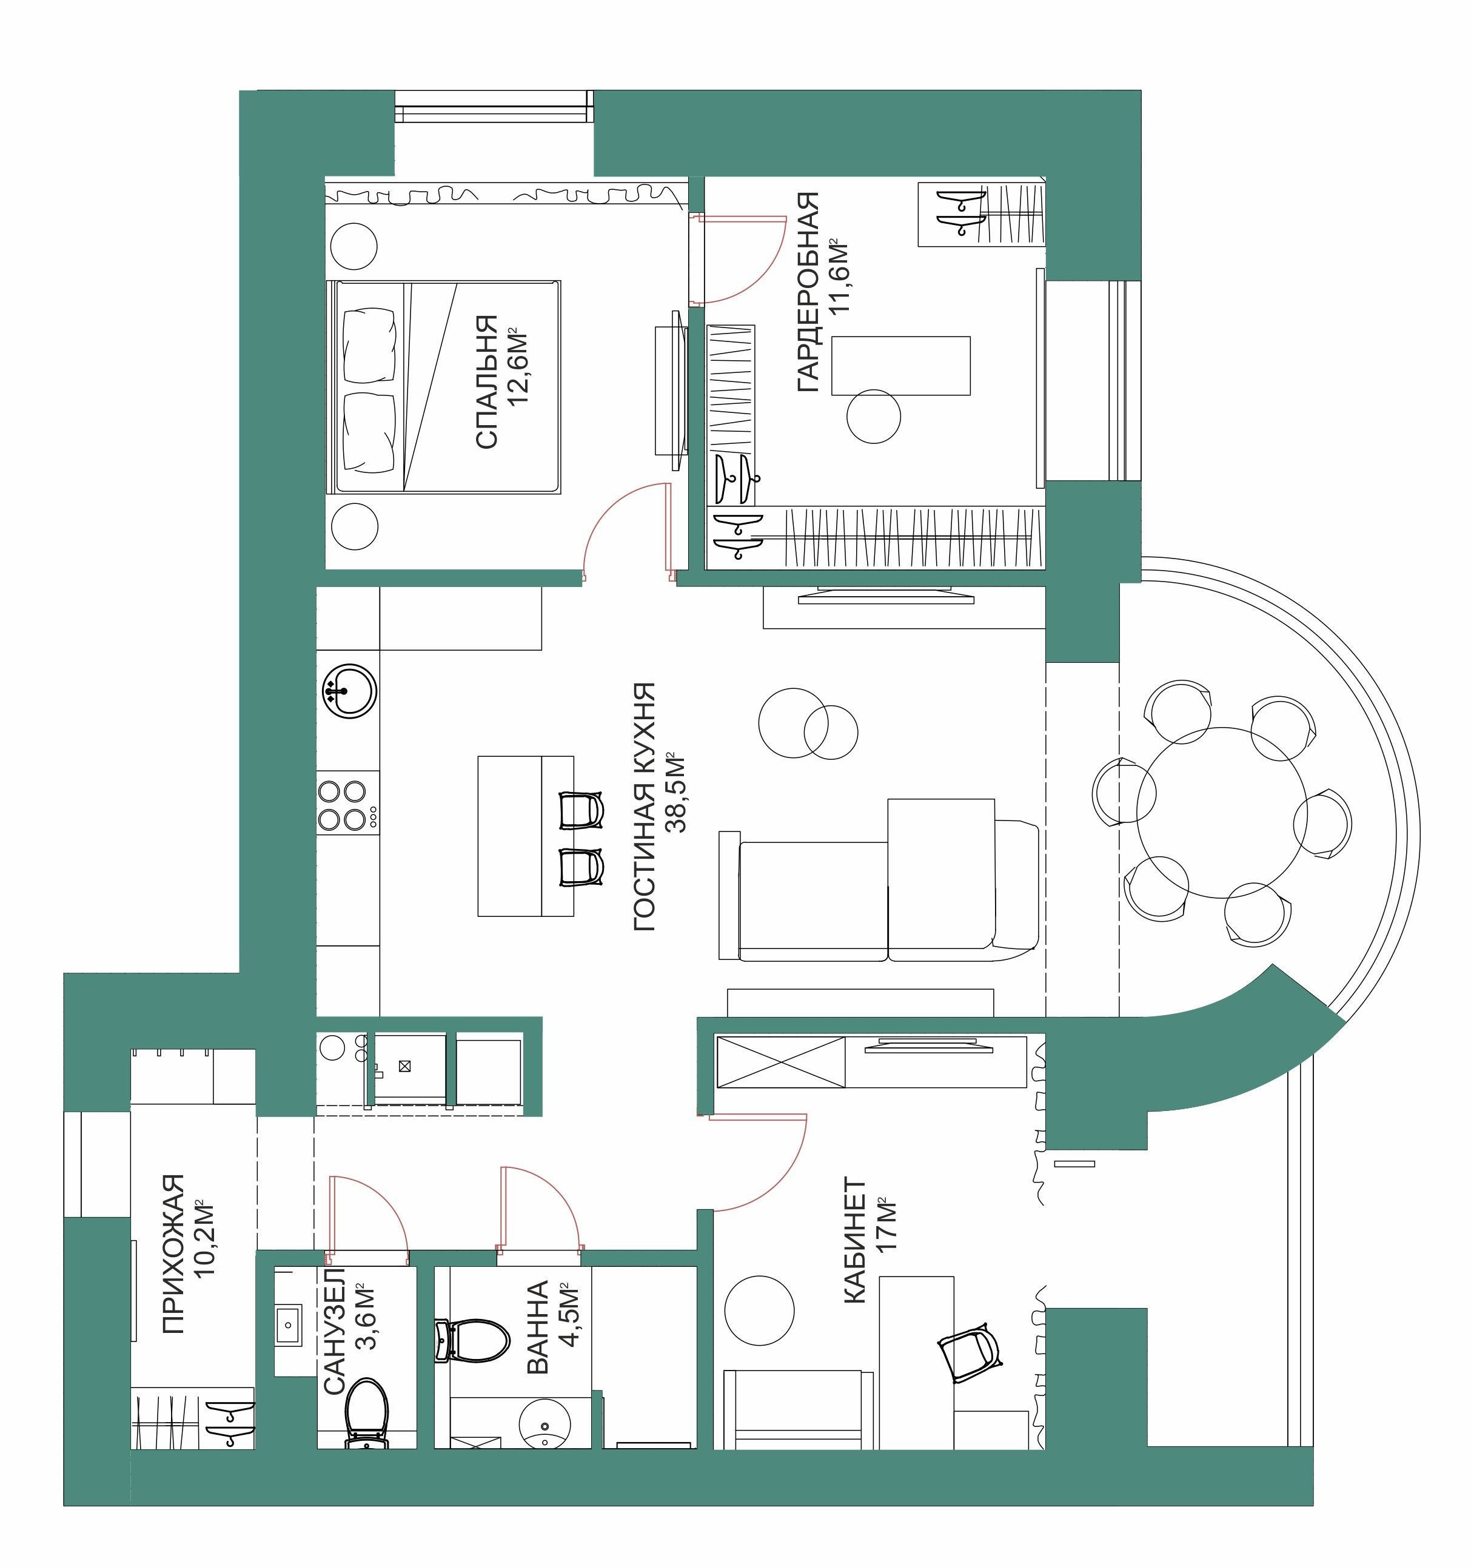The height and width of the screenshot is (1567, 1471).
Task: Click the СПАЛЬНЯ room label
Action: coord(487,382)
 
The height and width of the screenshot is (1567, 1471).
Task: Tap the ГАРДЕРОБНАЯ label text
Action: coord(809,292)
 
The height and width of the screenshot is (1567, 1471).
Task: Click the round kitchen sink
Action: coord(349,691)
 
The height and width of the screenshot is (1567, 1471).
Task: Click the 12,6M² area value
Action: coord(518,366)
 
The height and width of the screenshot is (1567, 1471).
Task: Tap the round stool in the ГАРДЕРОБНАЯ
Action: coord(874,416)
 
